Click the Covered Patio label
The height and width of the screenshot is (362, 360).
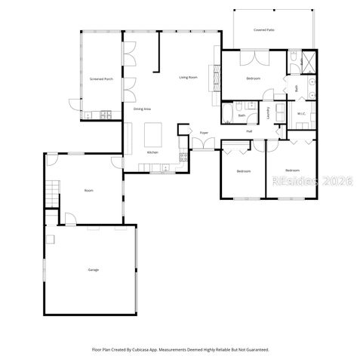[263, 29]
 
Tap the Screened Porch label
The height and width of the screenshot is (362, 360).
[101, 78]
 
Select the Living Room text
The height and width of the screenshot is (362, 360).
[188, 78]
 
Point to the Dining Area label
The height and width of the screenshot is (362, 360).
[143, 109]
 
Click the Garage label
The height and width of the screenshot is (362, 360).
[93, 269]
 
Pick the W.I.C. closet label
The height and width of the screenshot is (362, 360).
[300, 114]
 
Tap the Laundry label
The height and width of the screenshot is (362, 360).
[268, 112]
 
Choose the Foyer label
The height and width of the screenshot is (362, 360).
[204, 133]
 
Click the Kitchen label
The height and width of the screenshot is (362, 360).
[152, 153]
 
